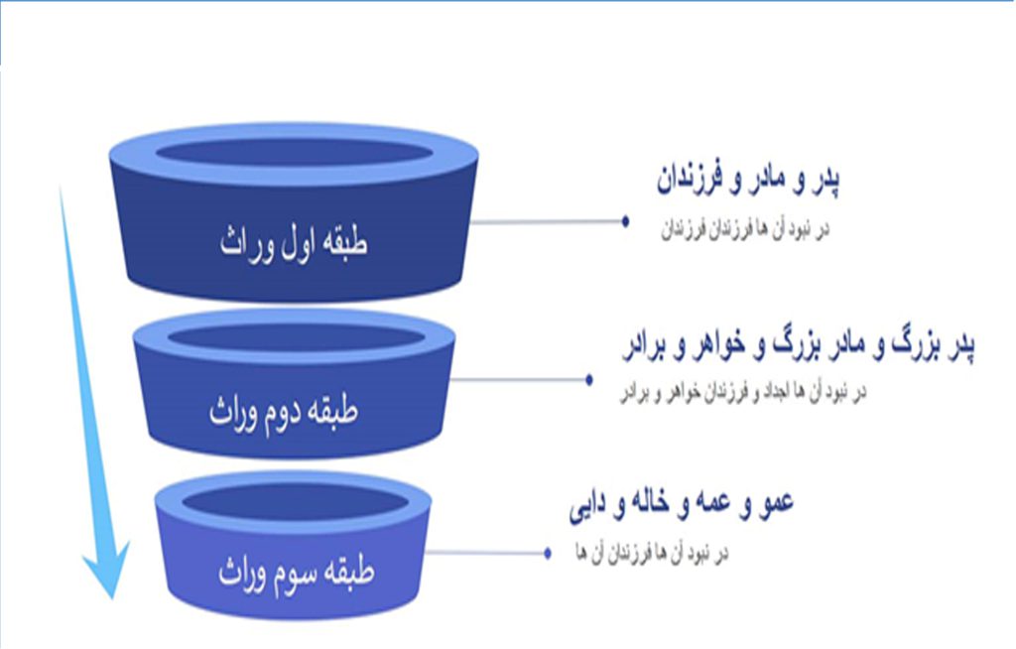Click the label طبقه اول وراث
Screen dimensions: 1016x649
[294, 244]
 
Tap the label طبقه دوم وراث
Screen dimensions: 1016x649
[283, 411]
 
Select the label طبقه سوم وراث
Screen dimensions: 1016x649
[296, 572]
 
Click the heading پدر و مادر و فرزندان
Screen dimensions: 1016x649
[748, 180]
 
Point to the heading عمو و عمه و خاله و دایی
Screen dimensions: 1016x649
[681, 504]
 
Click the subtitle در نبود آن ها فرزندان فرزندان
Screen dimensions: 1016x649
[744, 230]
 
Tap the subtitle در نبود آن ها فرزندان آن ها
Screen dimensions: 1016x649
[652, 553]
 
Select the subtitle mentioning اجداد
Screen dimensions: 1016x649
[743, 392]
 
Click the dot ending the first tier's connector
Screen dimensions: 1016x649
[625, 221]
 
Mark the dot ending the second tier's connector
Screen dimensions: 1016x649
[589, 379]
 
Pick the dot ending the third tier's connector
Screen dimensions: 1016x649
[548, 553]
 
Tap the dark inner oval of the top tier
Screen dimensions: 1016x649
[294, 153]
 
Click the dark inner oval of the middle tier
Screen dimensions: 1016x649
[296, 338]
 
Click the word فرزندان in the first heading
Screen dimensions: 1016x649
[690, 180]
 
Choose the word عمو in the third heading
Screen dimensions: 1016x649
[774, 503]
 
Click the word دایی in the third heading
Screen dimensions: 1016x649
[587, 506]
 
